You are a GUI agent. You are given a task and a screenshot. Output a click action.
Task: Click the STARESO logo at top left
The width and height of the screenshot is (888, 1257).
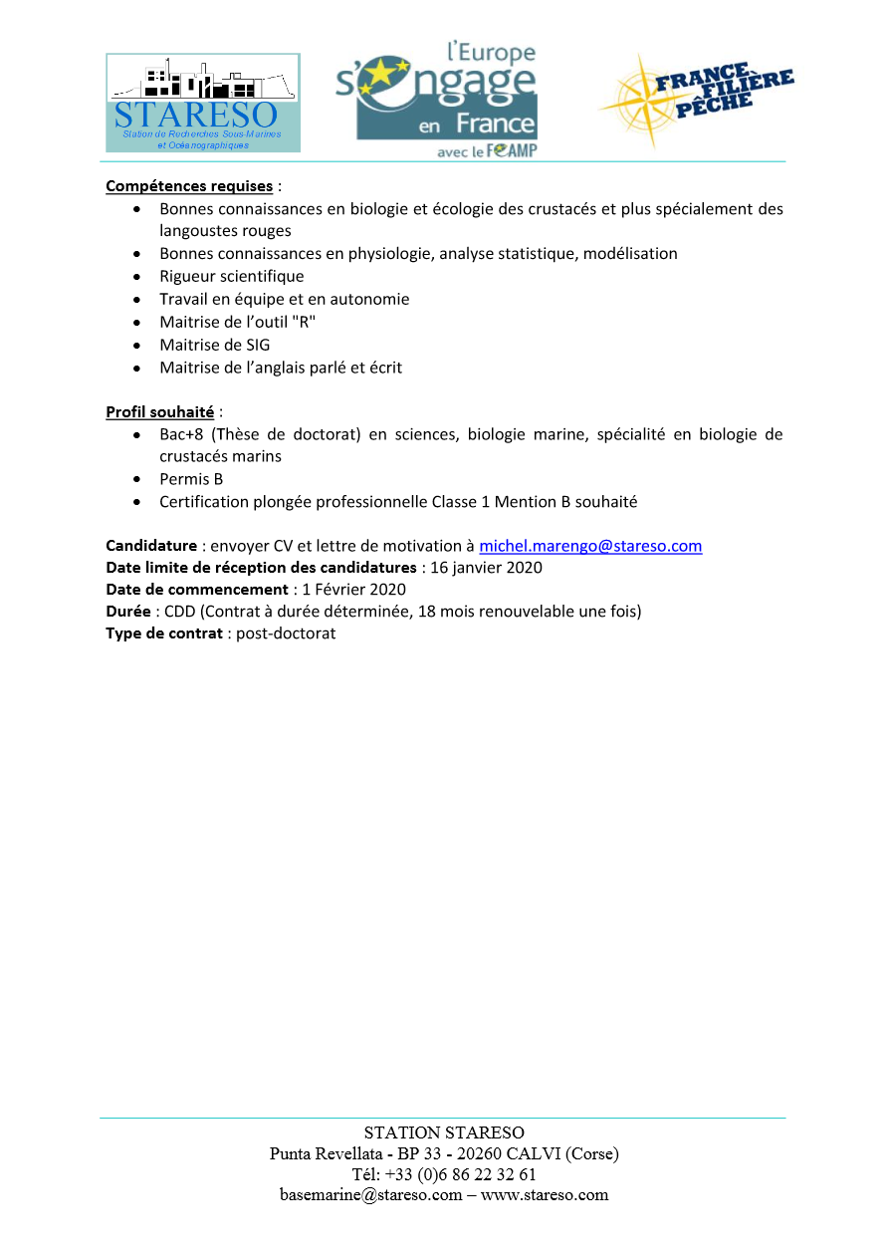click(x=203, y=103)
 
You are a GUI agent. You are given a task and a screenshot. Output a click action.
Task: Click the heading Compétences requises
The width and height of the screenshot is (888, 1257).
click(x=189, y=186)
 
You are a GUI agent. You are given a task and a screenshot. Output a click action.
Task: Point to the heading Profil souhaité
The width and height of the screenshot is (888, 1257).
click(x=159, y=411)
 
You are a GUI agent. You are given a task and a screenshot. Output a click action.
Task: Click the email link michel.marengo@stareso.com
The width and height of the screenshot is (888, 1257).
click(x=590, y=546)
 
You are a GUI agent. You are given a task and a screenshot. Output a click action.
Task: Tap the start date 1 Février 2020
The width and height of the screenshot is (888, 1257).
click(x=353, y=589)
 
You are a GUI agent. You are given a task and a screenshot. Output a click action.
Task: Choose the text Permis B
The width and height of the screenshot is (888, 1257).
click(x=191, y=479)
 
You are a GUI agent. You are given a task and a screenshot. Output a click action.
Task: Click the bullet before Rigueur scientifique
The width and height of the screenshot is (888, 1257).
click(x=137, y=277)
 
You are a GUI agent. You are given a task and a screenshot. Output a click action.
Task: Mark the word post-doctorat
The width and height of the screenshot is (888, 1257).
click(x=286, y=632)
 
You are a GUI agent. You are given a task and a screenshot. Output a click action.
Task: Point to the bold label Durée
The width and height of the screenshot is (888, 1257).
click(x=127, y=611)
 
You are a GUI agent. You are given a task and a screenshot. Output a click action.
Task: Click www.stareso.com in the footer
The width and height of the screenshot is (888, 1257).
click(x=545, y=1195)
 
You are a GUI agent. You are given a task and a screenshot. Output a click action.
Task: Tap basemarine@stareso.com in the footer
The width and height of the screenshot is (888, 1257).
click(x=370, y=1195)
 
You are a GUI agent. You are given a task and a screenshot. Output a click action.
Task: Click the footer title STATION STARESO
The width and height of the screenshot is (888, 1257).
click(x=444, y=1132)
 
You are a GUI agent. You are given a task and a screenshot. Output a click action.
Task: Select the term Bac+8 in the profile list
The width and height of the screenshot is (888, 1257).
click(x=181, y=434)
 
